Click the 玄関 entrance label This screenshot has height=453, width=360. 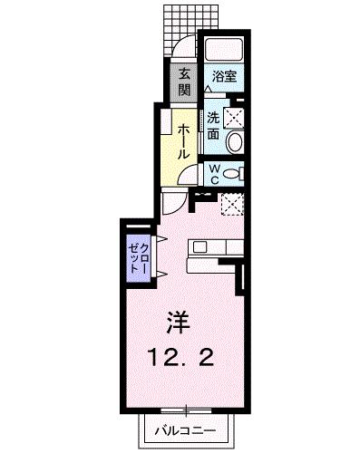point(184,81)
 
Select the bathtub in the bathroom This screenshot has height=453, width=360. point(224,50)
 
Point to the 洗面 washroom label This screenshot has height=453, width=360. point(211,125)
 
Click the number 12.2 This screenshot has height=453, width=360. point(180,358)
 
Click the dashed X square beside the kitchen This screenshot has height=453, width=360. point(230,204)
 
